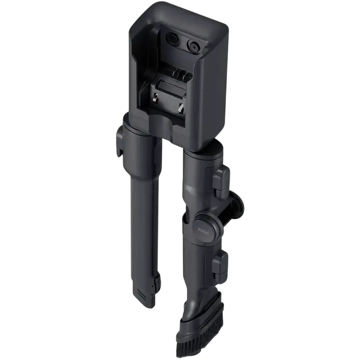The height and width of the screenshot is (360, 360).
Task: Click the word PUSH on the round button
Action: point(203,230)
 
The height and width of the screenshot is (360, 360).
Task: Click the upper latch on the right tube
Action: point(221,178)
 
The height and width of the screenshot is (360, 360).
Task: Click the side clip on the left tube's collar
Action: point(120,142)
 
